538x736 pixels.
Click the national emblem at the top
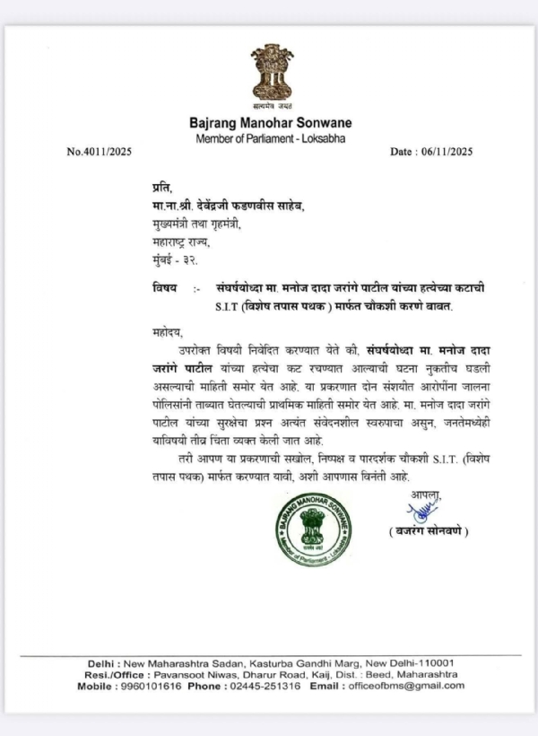tap(270, 76)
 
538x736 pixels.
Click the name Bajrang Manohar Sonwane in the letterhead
tap(270, 122)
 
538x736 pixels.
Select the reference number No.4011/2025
tap(99, 152)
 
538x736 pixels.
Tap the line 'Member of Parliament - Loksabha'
tap(270, 137)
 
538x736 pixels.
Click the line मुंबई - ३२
tap(168, 259)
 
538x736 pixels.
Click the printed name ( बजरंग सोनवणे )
tap(429, 531)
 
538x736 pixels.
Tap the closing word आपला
tap(428, 495)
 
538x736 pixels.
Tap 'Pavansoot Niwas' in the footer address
tap(204, 674)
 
